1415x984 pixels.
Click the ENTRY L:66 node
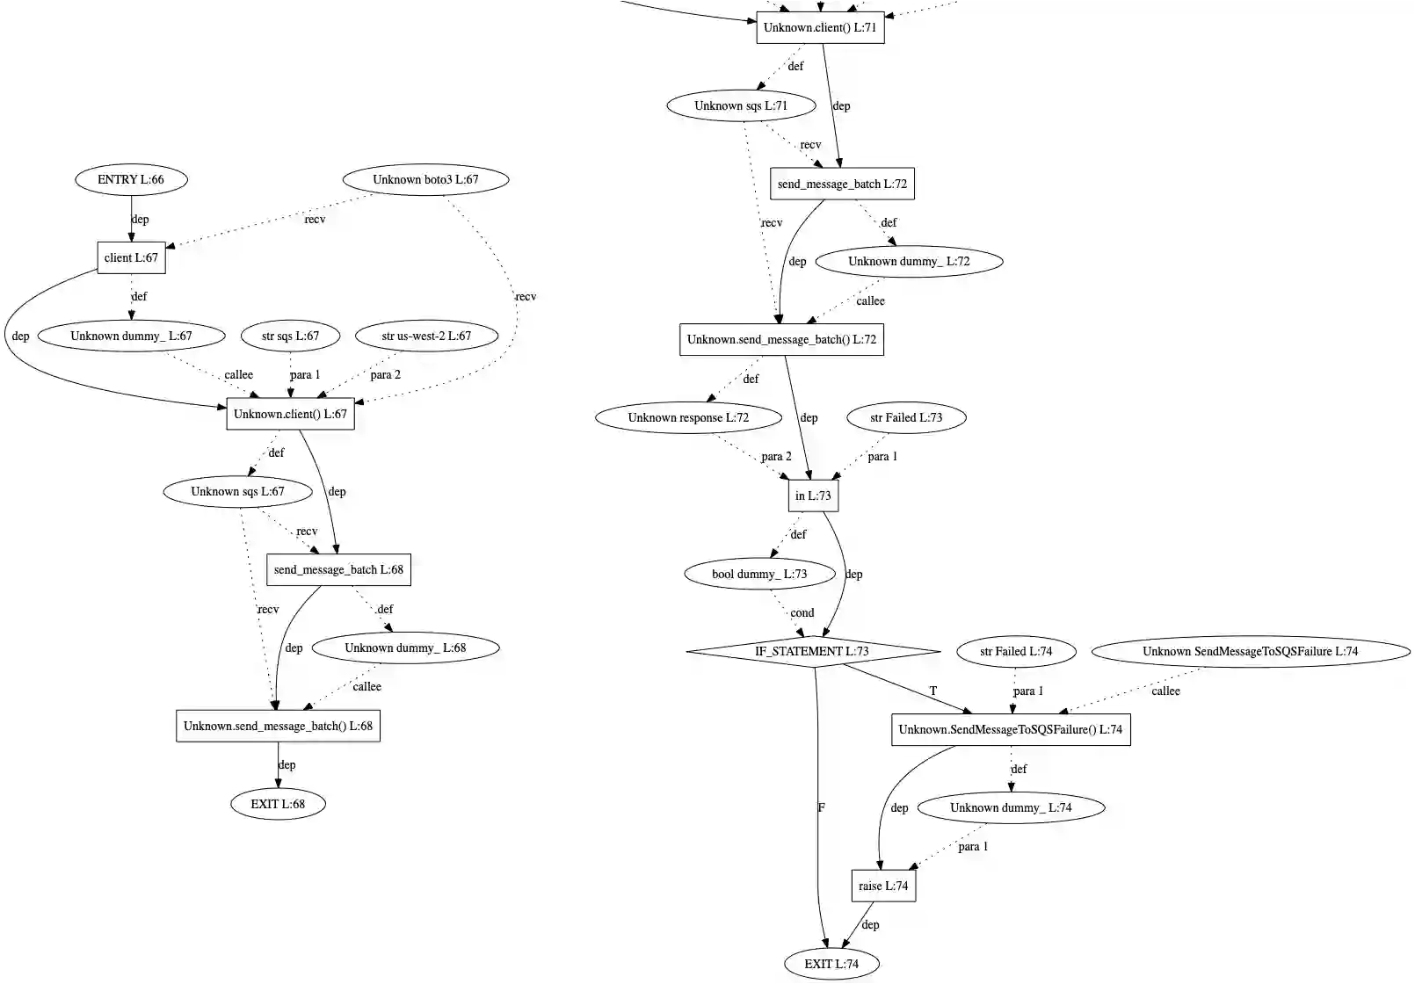pos(131,179)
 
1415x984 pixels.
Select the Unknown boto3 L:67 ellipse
pos(425,179)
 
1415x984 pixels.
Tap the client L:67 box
pos(131,257)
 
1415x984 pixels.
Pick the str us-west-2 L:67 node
pos(426,336)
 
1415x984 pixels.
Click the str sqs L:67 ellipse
pos(290,336)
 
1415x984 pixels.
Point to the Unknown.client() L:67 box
pos(290,414)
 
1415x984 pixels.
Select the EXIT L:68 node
pos(278,804)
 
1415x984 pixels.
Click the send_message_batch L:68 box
pos(338,569)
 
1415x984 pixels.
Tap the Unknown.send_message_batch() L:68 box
pos(278,726)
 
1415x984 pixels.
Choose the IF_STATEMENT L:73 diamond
pos(812,651)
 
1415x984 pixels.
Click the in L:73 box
pos(813,496)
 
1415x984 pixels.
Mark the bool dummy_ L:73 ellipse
pos(759,574)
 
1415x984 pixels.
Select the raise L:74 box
pos(883,886)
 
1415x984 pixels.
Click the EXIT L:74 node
pos(831,964)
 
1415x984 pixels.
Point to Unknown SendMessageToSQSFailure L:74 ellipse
pos(1250,651)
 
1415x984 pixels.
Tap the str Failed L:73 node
pos(906,417)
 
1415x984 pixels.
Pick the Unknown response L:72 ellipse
pos(688,417)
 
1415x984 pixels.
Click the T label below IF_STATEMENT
pos(933,691)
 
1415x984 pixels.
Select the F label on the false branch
pos(822,807)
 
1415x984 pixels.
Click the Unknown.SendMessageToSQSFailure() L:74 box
pos(1011,729)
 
